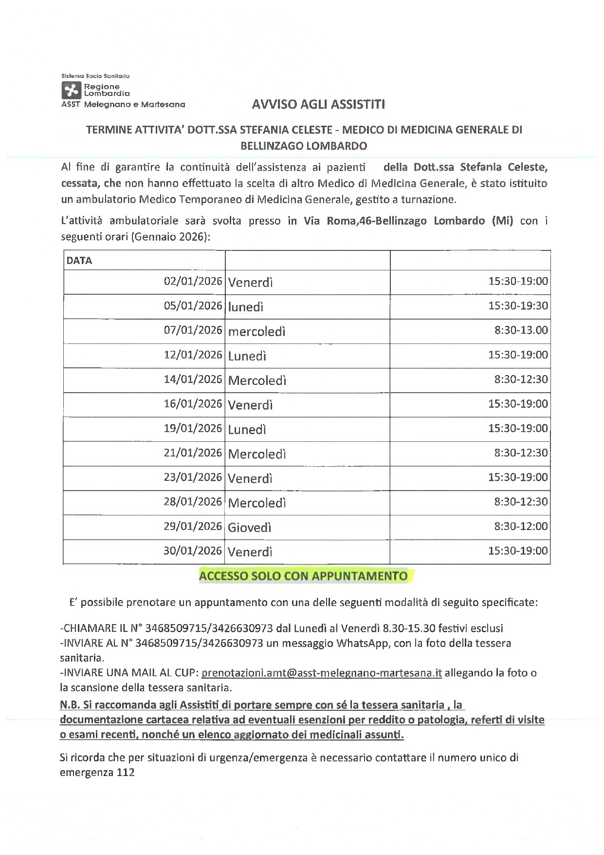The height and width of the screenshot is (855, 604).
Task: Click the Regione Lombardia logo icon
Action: tap(72, 91)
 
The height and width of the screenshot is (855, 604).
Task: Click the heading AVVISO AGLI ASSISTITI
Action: tap(318, 104)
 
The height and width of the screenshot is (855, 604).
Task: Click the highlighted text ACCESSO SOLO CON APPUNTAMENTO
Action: tap(303, 576)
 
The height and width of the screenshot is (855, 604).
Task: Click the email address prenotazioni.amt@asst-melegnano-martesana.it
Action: tap(321, 673)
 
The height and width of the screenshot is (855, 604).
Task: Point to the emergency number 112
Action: tap(126, 773)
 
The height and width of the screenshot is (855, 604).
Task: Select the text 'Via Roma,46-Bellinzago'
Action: tap(366, 221)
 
